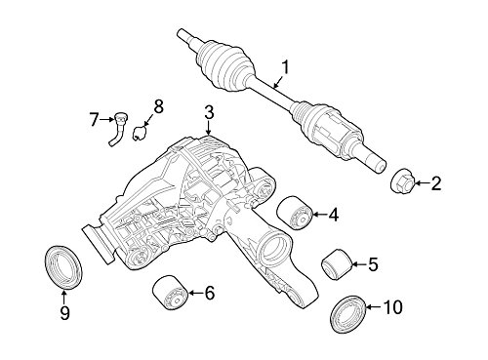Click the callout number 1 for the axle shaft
click(285, 68)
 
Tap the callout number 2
click(436, 183)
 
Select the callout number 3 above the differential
click(209, 112)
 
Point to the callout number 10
click(392, 307)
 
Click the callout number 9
click(64, 312)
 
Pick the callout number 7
click(94, 120)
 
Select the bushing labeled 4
click(295, 213)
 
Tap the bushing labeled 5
click(337, 264)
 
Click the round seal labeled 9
click(64, 267)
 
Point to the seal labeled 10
click(348, 313)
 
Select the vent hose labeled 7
click(118, 129)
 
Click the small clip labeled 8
click(140, 133)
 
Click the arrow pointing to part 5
click(359, 264)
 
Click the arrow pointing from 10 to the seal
click(375, 307)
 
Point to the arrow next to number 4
click(320, 214)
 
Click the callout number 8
click(158, 106)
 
